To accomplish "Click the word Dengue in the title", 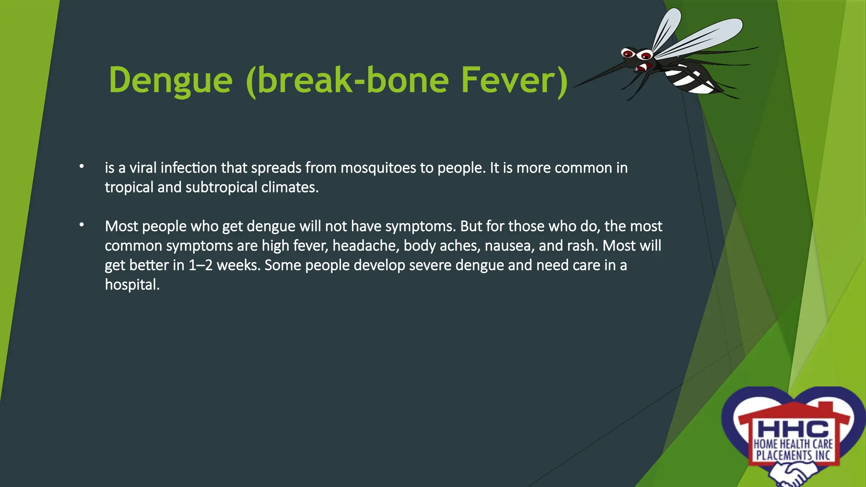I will point(170,80).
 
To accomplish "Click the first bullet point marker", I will point(82,167).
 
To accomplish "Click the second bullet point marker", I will point(82,225).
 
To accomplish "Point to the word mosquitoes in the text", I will point(378,168).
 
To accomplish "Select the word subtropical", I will point(221,187).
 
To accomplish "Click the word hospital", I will point(132,285).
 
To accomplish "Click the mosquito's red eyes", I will point(637,55).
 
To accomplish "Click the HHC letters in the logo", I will point(793,430).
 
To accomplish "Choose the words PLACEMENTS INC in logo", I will point(793,456).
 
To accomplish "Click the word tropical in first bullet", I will point(129,187).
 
